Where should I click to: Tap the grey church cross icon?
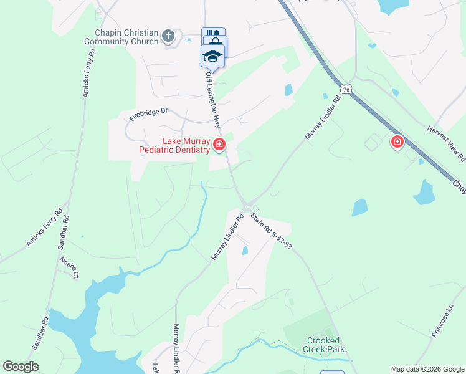point(168,36)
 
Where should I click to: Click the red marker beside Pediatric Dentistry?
point(219,145)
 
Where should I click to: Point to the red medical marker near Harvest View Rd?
point(397,143)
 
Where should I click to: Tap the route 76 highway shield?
point(346,90)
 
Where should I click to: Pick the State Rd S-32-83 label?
point(272,231)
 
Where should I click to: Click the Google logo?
point(21,367)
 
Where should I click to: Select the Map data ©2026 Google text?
point(427,369)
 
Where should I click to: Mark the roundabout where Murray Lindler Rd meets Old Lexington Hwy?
point(247,208)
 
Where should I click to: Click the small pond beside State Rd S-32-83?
point(245,251)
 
